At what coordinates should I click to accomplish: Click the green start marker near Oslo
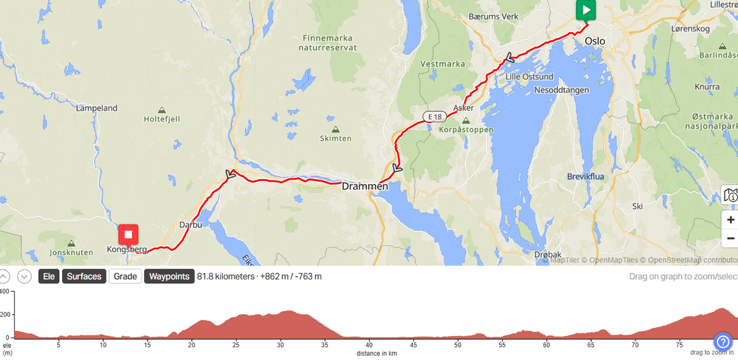tap(586, 10)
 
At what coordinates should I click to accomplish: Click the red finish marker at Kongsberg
tap(128, 236)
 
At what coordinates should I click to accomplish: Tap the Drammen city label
tap(365, 186)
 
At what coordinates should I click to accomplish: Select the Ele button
tap(49, 277)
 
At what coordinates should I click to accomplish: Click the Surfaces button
tap(84, 277)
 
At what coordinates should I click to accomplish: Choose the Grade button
tap(125, 277)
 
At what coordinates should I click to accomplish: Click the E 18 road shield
tap(433, 117)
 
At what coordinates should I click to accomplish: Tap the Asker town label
tap(463, 108)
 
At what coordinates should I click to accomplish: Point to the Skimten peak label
tap(336, 138)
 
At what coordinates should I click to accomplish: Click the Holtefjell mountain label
tap(162, 119)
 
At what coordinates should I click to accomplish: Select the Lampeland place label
tap(96, 108)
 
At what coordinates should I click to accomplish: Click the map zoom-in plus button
tap(730, 220)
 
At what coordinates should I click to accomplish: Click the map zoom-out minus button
tap(730, 238)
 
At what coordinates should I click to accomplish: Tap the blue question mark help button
tap(723, 342)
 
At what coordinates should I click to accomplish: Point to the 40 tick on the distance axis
tap(369, 345)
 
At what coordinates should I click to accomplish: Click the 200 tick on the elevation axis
tap(5, 314)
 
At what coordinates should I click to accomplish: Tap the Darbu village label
tap(191, 224)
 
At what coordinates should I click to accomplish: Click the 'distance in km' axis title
tap(377, 353)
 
